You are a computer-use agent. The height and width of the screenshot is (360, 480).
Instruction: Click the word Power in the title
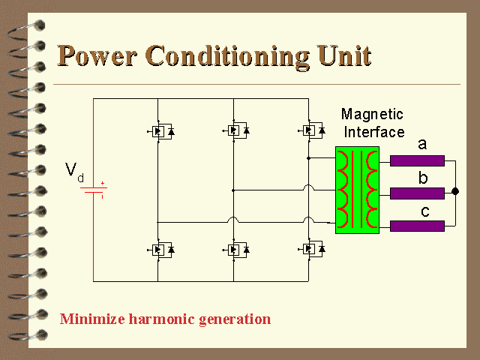(x=97, y=55)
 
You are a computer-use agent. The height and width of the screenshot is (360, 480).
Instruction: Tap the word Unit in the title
(x=344, y=55)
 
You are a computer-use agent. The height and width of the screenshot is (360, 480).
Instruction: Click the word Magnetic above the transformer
(x=372, y=114)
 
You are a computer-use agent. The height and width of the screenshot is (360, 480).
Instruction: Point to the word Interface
(x=374, y=132)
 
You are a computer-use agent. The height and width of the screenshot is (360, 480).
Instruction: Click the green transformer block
(x=357, y=190)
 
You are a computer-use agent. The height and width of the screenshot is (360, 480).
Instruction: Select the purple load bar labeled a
(x=417, y=160)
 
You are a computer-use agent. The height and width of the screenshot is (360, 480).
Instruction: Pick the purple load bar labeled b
(x=417, y=193)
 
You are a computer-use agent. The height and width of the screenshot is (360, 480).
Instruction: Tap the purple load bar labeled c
(x=417, y=226)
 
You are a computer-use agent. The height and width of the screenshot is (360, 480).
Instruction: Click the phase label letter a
(x=422, y=144)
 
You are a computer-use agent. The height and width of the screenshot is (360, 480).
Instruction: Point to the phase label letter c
(x=425, y=211)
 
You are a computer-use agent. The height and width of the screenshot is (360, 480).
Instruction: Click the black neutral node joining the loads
(x=455, y=191)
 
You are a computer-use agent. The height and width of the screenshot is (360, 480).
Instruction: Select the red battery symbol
(x=94, y=190)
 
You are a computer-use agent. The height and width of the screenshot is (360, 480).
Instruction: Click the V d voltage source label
(x=74, y=172)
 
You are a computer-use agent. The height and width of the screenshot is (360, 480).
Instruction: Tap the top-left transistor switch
(x=160, y=131)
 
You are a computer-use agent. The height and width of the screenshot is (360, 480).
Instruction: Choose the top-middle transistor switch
(x=235, y=130)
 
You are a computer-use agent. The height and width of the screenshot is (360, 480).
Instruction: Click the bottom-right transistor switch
(x=311, y=249)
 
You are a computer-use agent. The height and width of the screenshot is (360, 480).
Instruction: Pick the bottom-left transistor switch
(x=160, y=250)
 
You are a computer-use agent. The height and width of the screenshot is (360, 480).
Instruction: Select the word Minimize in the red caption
(x=92, y=319)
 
